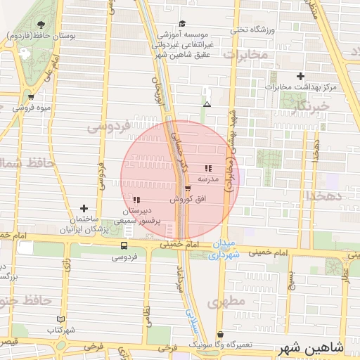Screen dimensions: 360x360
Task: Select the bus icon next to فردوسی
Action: (x=124, y=246)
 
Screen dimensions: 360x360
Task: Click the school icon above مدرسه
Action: (x=207, y=168)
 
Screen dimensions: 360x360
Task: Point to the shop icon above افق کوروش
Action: (x=187, y=188)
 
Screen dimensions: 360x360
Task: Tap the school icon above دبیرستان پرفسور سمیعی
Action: (x=136, y=200)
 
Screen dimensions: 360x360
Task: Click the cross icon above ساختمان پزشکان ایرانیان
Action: (x=84, y=208)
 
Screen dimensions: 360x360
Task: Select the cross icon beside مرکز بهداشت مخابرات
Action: (x=301, y=76)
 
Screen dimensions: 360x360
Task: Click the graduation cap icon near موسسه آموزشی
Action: (x=182, y=23)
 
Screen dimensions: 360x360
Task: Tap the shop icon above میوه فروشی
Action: (x=31, y=97)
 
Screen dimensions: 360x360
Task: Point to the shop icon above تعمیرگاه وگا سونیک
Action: (x=221, y=335)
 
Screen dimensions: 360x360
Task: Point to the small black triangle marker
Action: (x=207, y=104)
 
